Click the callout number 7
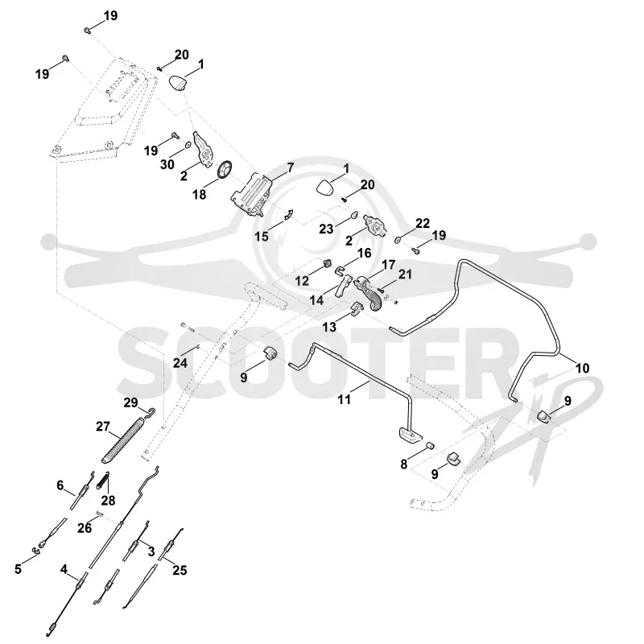tap(291, 167)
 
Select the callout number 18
tap(199, 194)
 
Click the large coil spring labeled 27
tap(123, 440)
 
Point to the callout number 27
tap(103, 427)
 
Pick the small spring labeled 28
tap(104, 480)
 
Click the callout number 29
tap(130, 402)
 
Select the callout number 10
tap(582, 368)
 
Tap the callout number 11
tap(345, 398)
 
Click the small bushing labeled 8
tap(429, 446)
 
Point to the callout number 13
tap(329, 327)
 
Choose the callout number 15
tap(262, 236)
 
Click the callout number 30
tap(167, 164)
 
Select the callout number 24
tap(180, 363)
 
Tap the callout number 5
tap(18, 569)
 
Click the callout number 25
tap(180, 570)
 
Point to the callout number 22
tap(423, 223)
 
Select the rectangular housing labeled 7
tap(251, 193)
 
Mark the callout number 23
tap(327, 229)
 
